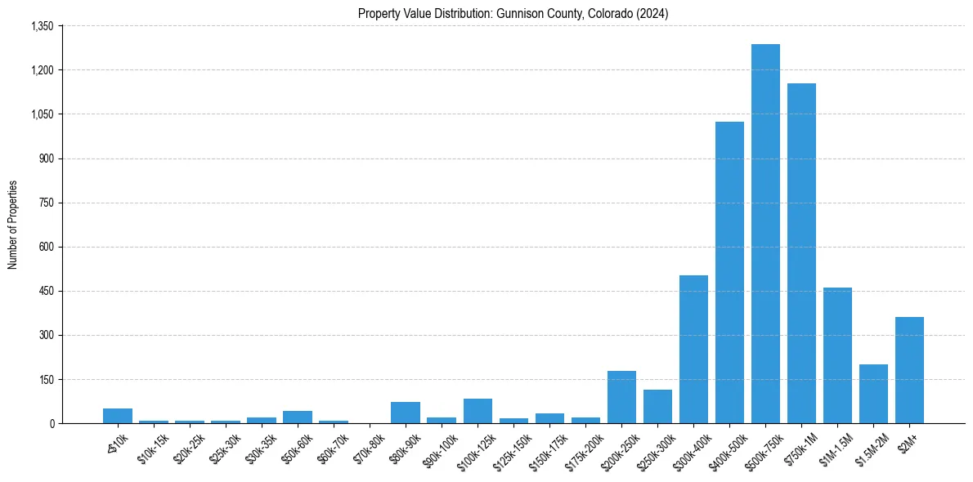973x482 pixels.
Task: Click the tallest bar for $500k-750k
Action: pyautogui.click(x=765, y=234)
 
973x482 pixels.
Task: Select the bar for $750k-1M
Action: pyautogui.click(x=801, y=253)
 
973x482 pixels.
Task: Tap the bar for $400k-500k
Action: pyautogui.click(x=729, y=273)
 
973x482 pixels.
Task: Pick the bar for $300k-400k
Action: pyautogui.click(x=693, y=350)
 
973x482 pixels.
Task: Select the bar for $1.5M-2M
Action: pyautogui.click(x=873, y=394)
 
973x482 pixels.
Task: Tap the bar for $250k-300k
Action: pyautogui.click(x=657, y=407)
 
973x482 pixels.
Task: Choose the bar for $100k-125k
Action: pyautogui.click(x=478, y=411)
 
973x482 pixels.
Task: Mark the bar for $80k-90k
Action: pyautogui.click(x=406, y=413)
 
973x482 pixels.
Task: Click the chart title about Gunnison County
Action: pyautogui.click(x=513, y=14)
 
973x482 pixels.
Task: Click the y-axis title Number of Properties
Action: pyautogui.click(x=12, y=225)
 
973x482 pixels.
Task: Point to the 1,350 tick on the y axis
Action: pyautogui.click(x=42, y=26)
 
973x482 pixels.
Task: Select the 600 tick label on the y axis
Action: pyautogui.click(x=47, y=247)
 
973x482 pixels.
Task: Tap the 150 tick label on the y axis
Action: pyautogui.click(x=47, y=379)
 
